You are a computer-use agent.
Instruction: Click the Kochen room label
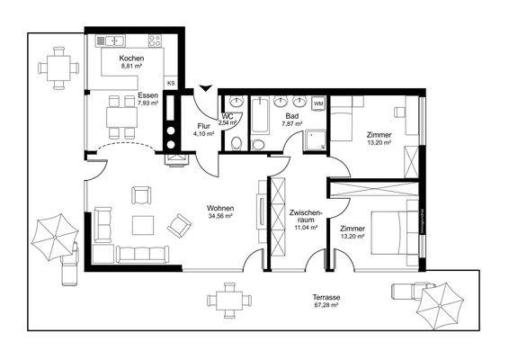click(x=131, y=58)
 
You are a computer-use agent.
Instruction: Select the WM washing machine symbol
click(x=317, y=103)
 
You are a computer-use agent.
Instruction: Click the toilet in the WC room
click(x=237, y=144)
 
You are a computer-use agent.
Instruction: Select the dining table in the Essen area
click(x=117, y=117)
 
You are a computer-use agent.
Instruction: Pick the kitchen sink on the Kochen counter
click(x=116, y=40)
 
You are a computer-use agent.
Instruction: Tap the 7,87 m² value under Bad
click(x=292, y=123)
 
